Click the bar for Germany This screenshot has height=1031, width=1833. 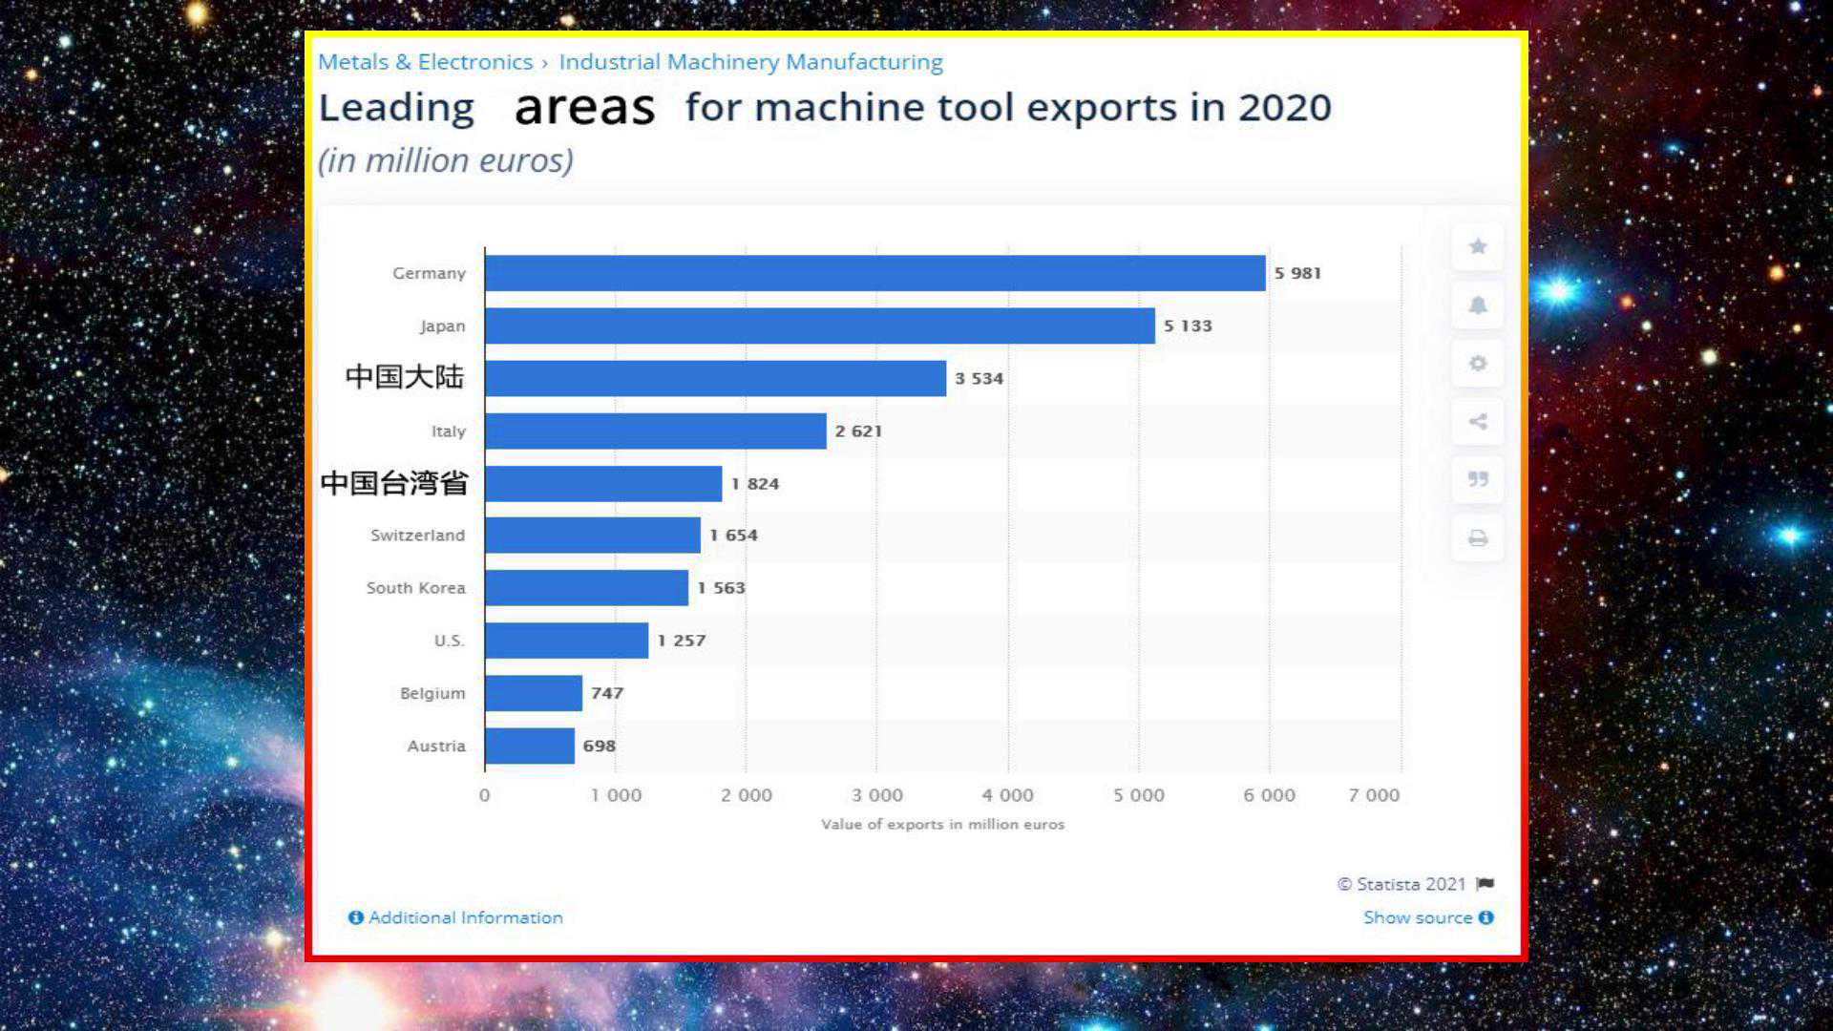(874, 273)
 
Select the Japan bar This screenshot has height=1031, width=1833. (819, 326)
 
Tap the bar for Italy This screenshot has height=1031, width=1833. (655, 431)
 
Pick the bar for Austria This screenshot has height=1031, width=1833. (529, 746)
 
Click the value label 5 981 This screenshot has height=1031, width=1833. (1297, 273)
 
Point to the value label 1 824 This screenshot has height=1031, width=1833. (755, 484)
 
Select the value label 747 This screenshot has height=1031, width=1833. (607, 693)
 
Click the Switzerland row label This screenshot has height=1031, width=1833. (417, 536)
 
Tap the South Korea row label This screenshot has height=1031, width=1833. (415, 588)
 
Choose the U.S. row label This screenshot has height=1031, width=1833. (449, 641)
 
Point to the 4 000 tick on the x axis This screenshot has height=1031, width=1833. (1007, 795)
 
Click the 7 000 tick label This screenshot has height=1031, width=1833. (1374, 795)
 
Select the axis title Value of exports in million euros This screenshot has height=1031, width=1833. (942, 824)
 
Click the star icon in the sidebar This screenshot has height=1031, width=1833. (1478, 246)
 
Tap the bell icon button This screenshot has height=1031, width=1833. (1478, 305)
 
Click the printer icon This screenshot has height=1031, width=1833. (1478, 538)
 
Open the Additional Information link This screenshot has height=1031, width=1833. (456, 917)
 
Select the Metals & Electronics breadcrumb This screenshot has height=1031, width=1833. (425, 62)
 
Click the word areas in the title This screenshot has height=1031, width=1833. (584, 108)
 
